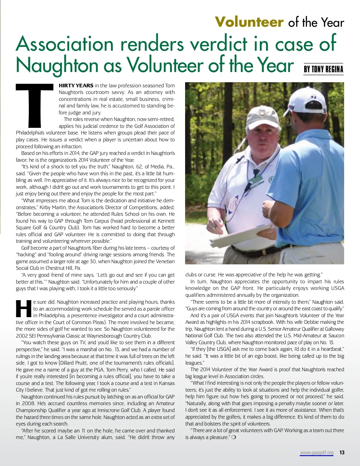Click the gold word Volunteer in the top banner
coord(249,22)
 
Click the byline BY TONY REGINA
coord(323,69)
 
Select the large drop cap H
coord(23,309)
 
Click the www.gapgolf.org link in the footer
coord(316,452)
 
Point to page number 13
coord(342,452)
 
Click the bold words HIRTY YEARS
coord(76,86)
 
